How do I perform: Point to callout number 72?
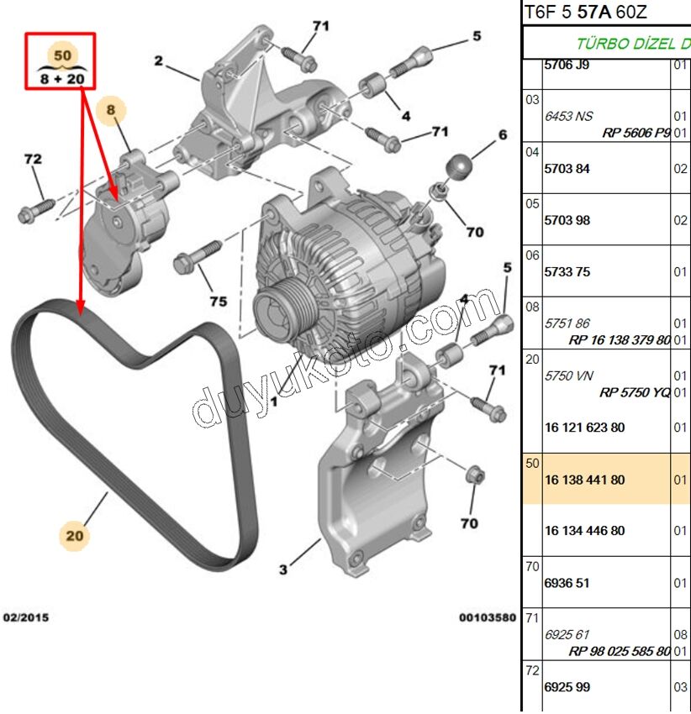coord(33,159)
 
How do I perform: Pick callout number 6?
coord(503,135)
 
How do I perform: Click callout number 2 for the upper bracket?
coord(158,60)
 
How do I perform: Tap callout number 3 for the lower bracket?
coord(283,570)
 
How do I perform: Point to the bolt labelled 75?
coord(196,255)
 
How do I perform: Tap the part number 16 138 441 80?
coord(584,480)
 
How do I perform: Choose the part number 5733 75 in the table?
coord(567,271)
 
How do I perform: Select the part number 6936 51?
coord(567,583)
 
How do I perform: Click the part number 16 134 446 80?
coord(584,531)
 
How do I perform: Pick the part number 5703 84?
coord(567,169)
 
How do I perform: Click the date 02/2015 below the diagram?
coord(26,617)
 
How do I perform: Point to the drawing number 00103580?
coord(487,617)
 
